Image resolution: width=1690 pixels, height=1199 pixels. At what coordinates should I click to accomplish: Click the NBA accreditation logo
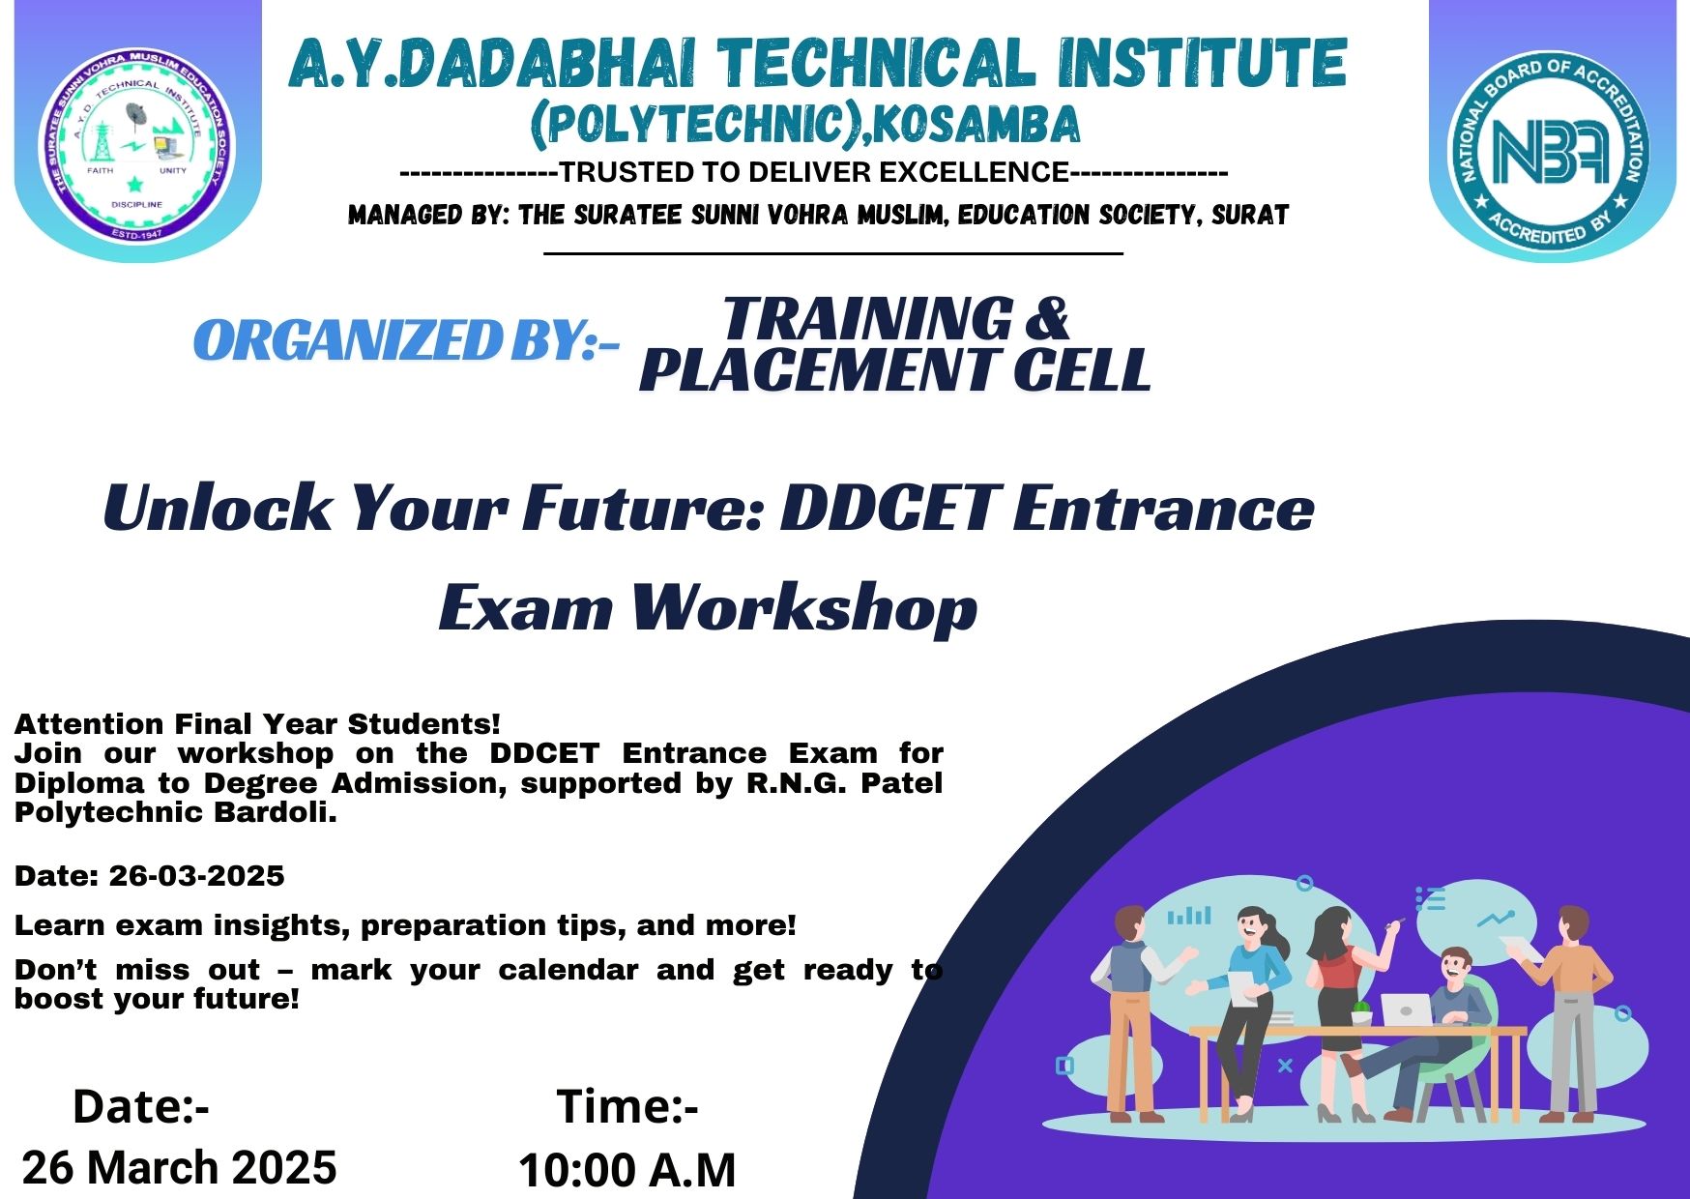coord(1550,148)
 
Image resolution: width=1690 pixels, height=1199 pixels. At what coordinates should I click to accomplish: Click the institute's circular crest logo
coord(137,145)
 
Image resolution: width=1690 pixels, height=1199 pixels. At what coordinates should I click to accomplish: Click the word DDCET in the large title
coord(889,508)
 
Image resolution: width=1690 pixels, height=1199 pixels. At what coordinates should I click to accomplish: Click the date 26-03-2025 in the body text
coord(196,877)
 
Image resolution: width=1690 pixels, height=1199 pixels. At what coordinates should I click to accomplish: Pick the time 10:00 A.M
coord(627,1170)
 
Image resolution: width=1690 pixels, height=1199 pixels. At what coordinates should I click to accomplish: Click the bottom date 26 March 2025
coord(180,1167)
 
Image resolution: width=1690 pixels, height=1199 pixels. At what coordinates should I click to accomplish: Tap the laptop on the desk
coord(1406,1010)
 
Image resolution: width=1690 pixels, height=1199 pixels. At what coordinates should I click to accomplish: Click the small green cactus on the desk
coord(1360,1012)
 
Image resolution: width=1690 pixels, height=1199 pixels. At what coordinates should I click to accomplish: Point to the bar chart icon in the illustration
coord(1189,915)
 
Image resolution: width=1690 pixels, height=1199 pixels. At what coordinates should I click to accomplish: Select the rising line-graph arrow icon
coord(1496,919)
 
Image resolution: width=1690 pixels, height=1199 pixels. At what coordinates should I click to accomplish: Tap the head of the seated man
coord(1452,966)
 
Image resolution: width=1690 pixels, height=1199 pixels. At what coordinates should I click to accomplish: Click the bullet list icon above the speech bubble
coord(1430,899)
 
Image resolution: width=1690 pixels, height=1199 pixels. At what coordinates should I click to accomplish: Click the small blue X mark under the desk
coord(1285,1066)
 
